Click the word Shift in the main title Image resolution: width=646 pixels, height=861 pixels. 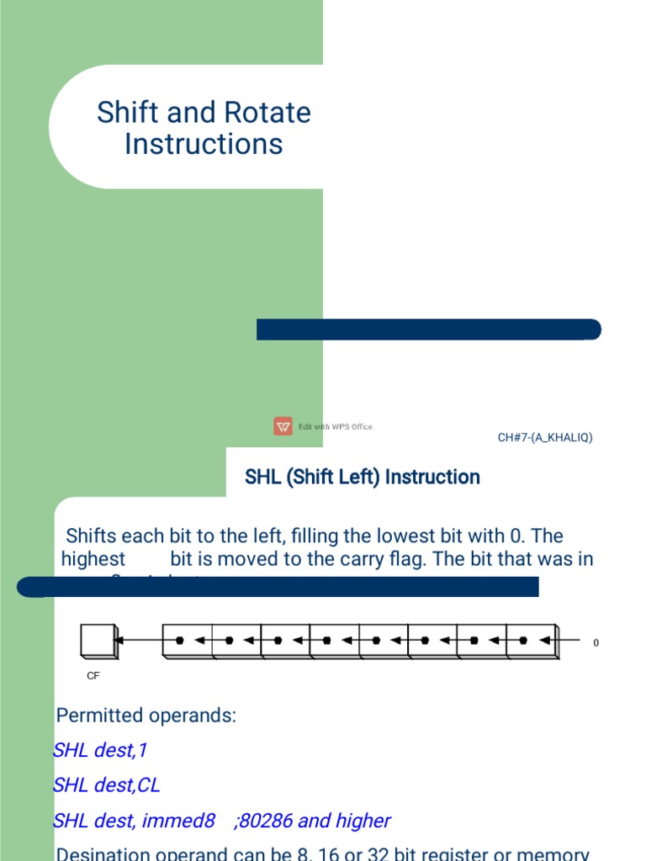126,113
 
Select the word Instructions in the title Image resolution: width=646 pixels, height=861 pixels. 204,144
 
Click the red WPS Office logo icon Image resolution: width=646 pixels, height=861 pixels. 283,426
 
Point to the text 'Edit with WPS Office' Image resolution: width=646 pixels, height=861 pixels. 335,427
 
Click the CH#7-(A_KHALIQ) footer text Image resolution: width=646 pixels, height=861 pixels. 545,437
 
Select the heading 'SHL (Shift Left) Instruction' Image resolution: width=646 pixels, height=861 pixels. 362,478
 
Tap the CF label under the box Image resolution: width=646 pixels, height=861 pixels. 93,675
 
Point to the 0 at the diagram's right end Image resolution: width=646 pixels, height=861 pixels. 596,643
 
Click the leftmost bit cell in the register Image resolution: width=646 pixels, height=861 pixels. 187,641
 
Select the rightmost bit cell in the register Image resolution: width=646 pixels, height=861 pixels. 531,641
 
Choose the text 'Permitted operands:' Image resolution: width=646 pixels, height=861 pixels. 146,716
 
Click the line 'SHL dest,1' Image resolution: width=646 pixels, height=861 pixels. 100,750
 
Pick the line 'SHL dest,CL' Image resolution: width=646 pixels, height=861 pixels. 106,785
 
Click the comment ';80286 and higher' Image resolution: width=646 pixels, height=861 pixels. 312,821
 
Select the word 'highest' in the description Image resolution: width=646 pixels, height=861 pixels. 93,559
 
